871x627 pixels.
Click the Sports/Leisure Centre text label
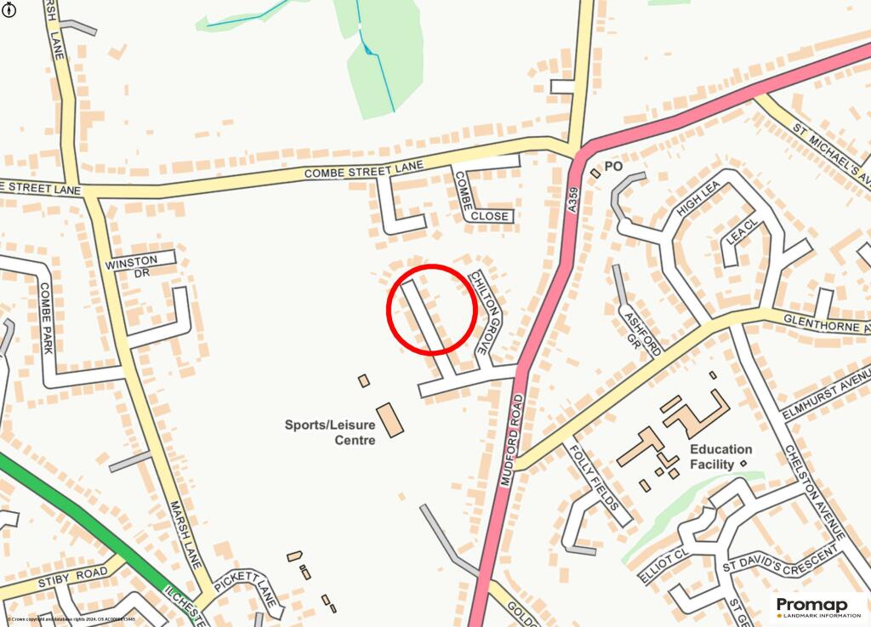[x=331, y=431]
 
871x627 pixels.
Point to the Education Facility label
[x=720, y=457]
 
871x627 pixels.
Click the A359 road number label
[x=573, y=198]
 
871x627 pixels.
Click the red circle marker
[x=431, y=309]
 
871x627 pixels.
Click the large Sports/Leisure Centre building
[x=390, y=420]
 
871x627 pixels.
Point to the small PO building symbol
[x=595, y=174]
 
